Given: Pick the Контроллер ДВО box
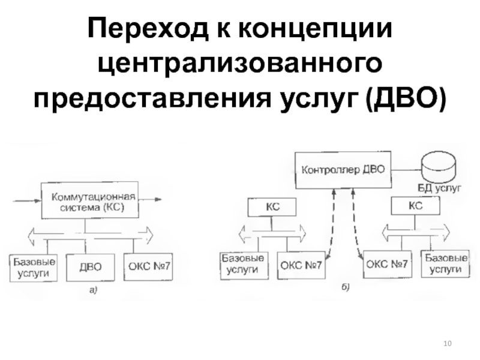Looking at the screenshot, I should (343, 169).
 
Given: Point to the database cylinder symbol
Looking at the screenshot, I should (440, 166).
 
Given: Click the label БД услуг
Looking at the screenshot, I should (439, 188).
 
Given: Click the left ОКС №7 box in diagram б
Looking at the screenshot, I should (302, 265).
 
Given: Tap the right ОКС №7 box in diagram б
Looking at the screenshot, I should (387, 263).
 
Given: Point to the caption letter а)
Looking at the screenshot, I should (92, 290).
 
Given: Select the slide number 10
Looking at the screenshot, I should (447, 343).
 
